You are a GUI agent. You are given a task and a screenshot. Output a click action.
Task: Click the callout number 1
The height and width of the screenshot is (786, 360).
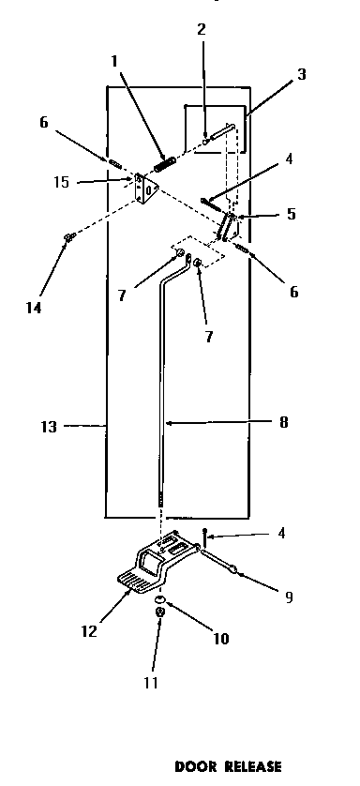pos(113,63)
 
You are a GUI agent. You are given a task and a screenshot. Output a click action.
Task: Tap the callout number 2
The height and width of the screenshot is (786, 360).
pos(201,31)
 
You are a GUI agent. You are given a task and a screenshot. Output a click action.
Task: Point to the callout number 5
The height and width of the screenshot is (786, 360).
pos(292,213)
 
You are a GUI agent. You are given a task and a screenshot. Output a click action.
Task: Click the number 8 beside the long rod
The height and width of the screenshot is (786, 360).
pos(283,422)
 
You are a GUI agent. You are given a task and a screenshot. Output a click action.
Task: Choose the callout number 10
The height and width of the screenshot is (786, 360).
pos(221,640)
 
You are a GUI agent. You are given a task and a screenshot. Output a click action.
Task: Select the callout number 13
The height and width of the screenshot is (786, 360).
pos(51,427)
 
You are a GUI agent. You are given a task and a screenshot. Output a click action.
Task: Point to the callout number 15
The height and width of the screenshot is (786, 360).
pos(62,182)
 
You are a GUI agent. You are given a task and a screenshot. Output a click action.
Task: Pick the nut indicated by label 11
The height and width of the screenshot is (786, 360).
pos(160,612)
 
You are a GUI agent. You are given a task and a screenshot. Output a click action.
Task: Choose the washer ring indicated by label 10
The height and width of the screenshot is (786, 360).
pos(160,597)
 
